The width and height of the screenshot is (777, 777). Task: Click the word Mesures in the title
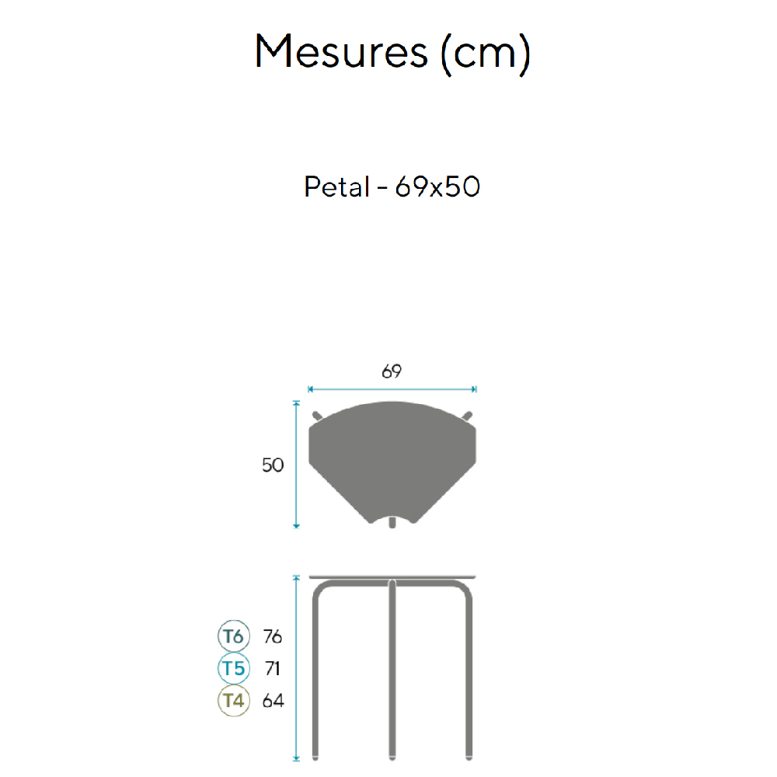click(341, 51)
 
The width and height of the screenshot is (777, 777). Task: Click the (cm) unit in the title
click(486, 54)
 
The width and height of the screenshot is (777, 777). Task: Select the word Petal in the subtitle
click(337, 186)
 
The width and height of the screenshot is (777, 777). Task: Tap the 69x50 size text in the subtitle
click(437, 186)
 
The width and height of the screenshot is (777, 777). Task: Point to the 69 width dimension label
click(392, 371)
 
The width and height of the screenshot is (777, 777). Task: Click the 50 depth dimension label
click(273, 465)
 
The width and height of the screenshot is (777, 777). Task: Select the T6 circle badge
click(233, 636)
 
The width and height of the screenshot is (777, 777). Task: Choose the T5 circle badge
click(233, 668)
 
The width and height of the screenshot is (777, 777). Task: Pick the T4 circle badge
click(233, 701)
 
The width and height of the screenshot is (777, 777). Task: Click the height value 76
click(273, 636)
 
